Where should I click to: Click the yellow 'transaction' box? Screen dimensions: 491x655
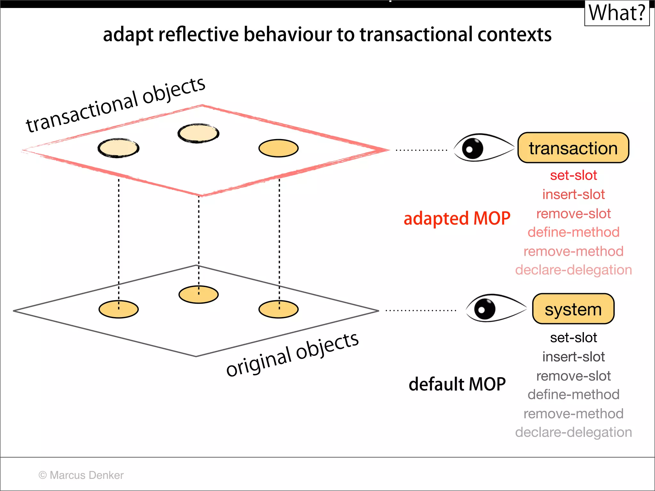point(573,148)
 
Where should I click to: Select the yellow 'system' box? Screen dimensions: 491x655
point(573,309)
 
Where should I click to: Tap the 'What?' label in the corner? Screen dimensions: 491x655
point(617,13)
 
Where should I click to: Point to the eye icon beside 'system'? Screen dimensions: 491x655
point(495,308)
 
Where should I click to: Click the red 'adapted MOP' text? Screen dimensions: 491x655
point(457,219)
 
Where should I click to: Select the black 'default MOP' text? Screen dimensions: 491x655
point(457,384)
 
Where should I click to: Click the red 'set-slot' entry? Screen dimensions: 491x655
point(573,175)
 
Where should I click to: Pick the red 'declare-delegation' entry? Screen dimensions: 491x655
point(573,270)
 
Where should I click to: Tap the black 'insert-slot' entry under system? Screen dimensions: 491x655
point(573,357)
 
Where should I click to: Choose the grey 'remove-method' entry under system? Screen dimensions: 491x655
point(573,414)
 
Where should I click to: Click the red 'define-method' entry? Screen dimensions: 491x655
point(573,232)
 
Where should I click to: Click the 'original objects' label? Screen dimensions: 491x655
point(292,354)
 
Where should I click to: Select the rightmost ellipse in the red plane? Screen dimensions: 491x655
point(278,148)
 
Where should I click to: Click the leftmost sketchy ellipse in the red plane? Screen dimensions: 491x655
point(118,148)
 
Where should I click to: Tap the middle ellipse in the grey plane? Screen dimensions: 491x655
point(198,294)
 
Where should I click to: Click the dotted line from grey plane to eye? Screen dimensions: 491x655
point(421,310)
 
